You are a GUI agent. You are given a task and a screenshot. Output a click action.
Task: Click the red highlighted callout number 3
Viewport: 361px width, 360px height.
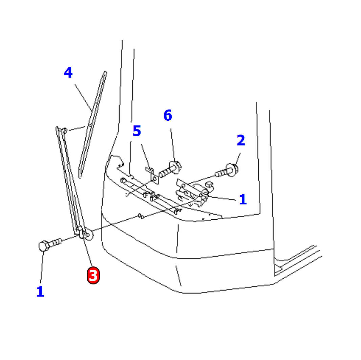(x=93, y=275)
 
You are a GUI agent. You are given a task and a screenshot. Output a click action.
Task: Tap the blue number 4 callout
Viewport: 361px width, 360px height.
(x=68, y=73)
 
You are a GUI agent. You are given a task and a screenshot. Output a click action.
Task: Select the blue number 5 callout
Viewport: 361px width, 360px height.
(x=136, y=132)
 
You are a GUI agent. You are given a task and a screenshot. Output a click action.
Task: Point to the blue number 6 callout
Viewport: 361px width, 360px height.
(x=168, y=116)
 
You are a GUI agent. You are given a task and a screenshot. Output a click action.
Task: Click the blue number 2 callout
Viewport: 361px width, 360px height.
(x=241, y=141)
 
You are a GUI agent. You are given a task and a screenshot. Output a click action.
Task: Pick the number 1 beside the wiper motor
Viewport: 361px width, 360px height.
(x=242, y=200)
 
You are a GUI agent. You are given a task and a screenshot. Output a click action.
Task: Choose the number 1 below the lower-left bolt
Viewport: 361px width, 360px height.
(x=40, y=292)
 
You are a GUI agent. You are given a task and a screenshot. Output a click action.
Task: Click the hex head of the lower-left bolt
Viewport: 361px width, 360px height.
(x=43, y=246)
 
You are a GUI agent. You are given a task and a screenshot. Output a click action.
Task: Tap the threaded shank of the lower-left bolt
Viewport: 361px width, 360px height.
(x=56, y=242)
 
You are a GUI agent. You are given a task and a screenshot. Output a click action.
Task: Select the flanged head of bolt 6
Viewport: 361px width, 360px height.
(x=176, y=167)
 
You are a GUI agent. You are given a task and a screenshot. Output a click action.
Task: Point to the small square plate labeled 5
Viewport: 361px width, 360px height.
(x=154, y=178)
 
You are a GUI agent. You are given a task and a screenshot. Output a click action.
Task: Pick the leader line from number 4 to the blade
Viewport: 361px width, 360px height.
(x=83, y=97)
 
